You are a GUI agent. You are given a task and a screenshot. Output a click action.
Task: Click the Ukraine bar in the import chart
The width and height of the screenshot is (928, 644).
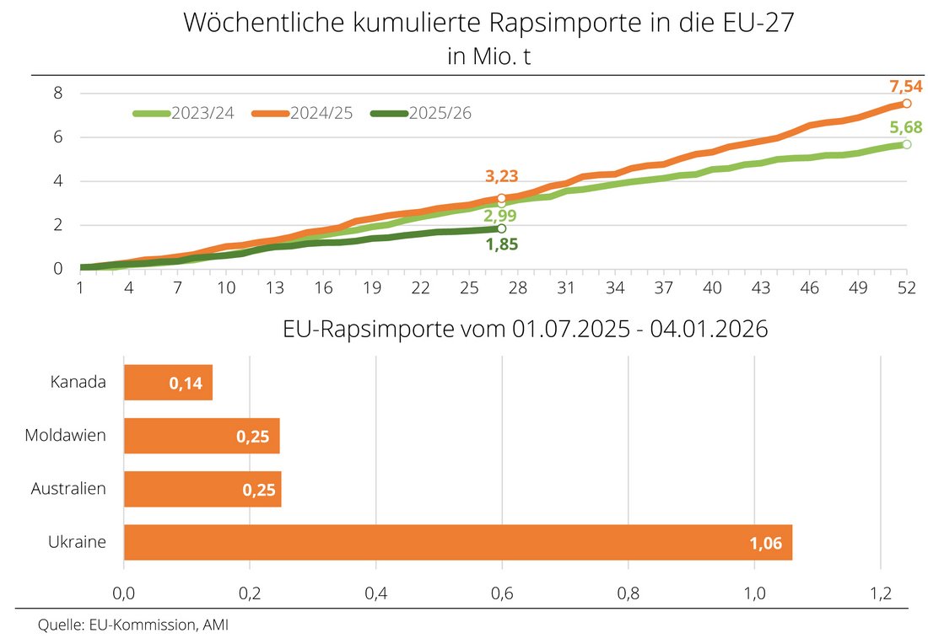tap(457, 542)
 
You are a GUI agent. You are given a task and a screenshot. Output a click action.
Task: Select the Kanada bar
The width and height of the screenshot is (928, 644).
tap(168, 383)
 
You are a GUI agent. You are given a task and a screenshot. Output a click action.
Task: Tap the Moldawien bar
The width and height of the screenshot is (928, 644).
tap(202, 436)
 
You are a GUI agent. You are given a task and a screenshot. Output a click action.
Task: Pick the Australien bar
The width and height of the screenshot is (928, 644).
tap(202, 489)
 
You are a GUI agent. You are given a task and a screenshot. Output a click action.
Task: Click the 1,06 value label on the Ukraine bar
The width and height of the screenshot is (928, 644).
tap(766, 544)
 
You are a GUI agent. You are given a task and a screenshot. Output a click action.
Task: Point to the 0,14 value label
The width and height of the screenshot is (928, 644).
tap(186, 384)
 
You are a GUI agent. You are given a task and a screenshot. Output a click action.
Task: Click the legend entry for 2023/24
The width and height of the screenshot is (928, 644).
tap(184, 114)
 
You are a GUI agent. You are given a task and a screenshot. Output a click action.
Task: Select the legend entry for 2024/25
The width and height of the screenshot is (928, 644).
tap(301, 114)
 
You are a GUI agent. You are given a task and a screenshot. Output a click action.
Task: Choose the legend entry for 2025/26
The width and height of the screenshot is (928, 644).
tap(420, 114)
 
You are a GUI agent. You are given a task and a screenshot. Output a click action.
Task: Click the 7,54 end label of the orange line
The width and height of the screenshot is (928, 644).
tap(906, 86)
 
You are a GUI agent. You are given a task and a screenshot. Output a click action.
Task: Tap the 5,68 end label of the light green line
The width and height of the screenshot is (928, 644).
tap(906, 128)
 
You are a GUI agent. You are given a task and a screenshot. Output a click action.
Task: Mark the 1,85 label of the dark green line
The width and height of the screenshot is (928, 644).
tap(502, 245)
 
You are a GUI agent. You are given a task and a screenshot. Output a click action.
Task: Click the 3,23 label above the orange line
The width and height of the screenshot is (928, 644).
tap(501, 176)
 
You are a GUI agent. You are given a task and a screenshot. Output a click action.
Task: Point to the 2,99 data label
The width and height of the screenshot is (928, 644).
tap(501, 215)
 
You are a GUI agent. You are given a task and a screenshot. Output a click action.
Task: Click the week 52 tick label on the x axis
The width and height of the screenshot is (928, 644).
tap(906, 287)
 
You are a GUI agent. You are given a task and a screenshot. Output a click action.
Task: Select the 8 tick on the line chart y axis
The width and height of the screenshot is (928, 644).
tap(58, 93)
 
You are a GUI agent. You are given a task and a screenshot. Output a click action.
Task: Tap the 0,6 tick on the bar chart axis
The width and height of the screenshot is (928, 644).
tap(502, 593)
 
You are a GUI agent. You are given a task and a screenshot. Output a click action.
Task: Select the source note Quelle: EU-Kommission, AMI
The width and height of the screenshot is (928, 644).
tap(133, 625)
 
